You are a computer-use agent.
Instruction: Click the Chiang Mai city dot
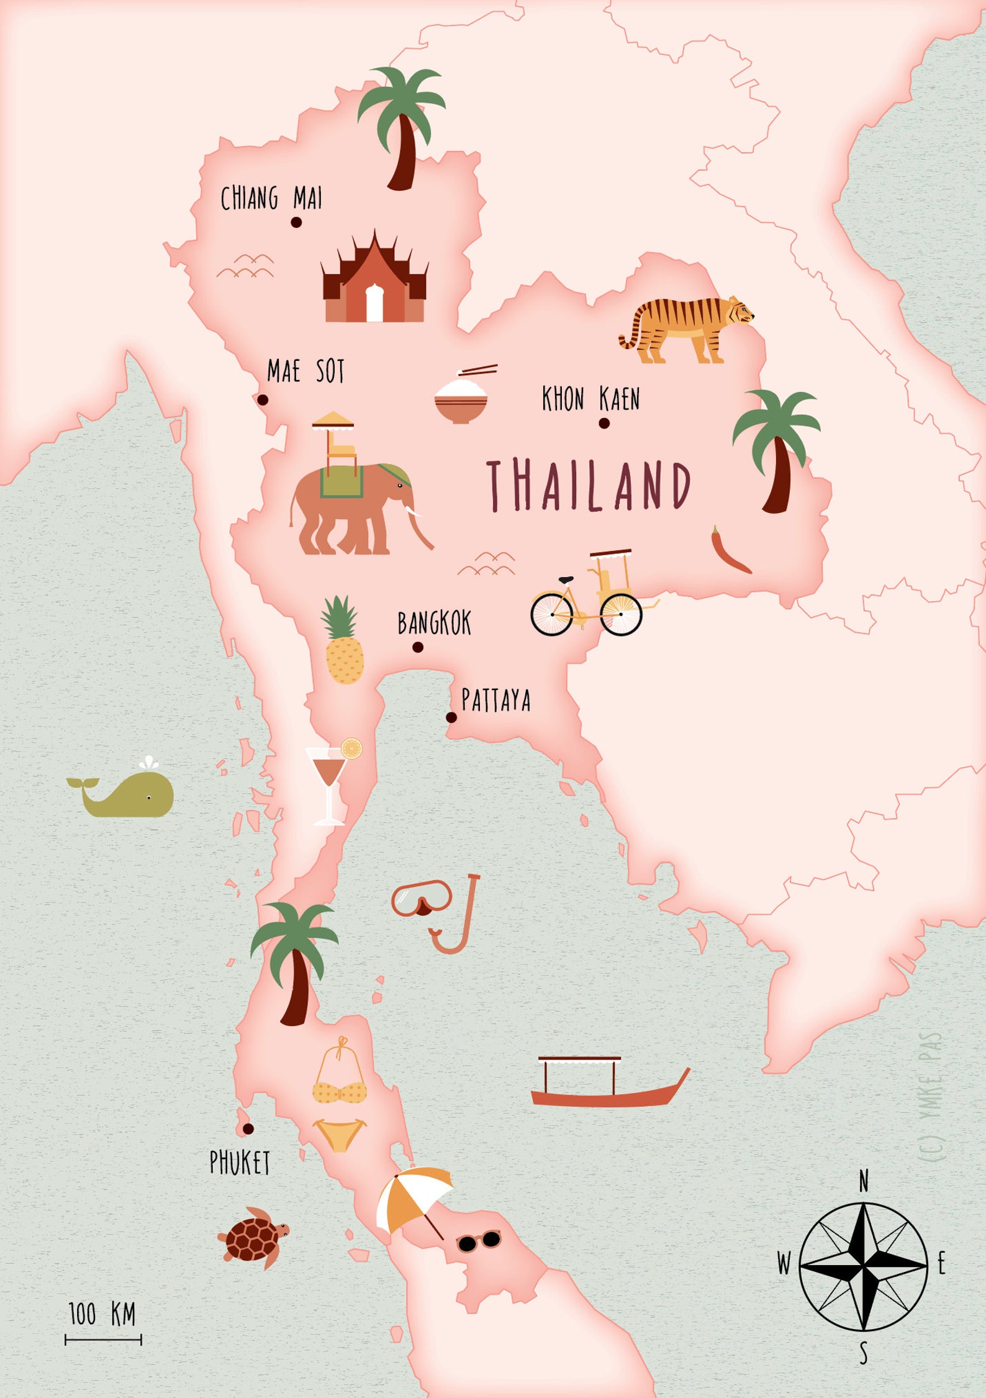296,222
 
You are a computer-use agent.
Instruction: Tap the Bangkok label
434,623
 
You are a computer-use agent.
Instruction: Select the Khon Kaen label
590,399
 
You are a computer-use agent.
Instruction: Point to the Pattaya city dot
451,717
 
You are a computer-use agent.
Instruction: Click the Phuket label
240,1163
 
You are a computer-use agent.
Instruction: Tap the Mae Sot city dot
263,400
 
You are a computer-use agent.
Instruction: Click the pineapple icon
343,646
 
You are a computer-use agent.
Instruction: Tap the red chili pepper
730,551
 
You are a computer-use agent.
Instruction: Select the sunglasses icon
479,1241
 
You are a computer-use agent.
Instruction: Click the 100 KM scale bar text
102,1314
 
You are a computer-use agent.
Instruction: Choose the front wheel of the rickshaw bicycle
551,614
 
